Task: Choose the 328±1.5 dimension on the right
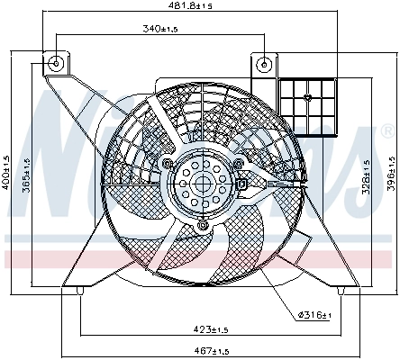366,176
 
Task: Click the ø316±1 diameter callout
315,314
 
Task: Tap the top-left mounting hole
57,63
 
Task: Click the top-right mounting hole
263,63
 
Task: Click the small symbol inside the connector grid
308,96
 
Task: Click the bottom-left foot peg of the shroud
81,290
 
